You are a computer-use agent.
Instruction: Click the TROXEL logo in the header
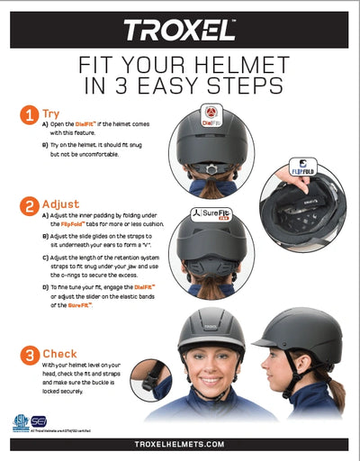[x=180, y=31]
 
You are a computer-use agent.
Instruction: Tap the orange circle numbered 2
[x=29, y=205]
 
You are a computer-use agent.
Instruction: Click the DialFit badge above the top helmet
[x=210, y=114]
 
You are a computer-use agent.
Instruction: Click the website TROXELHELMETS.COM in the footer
[x=180, y=444]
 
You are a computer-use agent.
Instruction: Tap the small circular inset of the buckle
[x=148, y=379]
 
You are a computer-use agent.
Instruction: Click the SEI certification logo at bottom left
[x=40, y=421]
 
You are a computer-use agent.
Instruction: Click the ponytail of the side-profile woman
[x=335, y=389]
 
